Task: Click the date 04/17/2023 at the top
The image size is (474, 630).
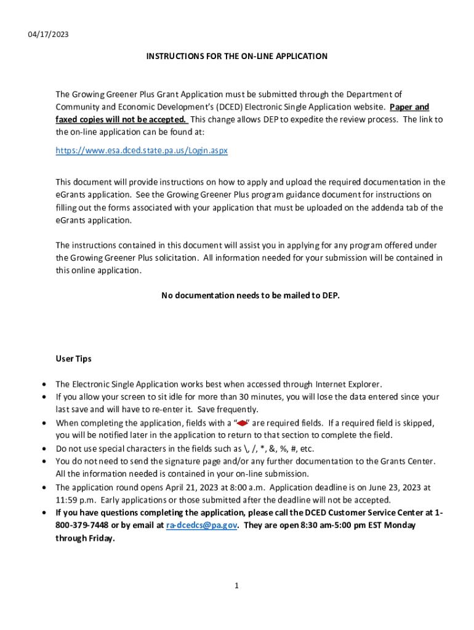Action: (48, 34)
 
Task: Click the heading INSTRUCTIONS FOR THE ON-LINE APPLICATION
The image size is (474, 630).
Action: (236, 56)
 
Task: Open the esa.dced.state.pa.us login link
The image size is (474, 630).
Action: (142, 150)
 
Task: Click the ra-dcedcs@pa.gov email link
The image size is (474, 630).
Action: (202, 525)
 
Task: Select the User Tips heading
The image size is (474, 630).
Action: (74, 358)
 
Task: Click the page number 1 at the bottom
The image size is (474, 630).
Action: (236, 586)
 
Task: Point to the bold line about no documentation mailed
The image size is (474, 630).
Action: (250, 295)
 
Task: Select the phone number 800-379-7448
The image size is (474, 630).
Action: (80, 525)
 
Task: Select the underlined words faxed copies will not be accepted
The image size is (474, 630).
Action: (121, 119)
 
